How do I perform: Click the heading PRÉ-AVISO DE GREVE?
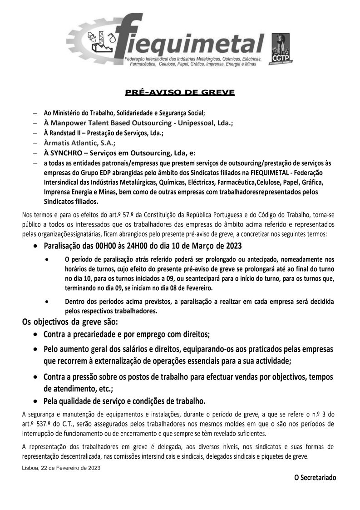coord(180,93)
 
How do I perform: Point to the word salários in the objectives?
coord(146,350)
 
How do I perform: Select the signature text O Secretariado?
coord(316,477)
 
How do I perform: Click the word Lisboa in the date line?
coord(30,467)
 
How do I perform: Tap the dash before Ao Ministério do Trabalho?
coord(35,113)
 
